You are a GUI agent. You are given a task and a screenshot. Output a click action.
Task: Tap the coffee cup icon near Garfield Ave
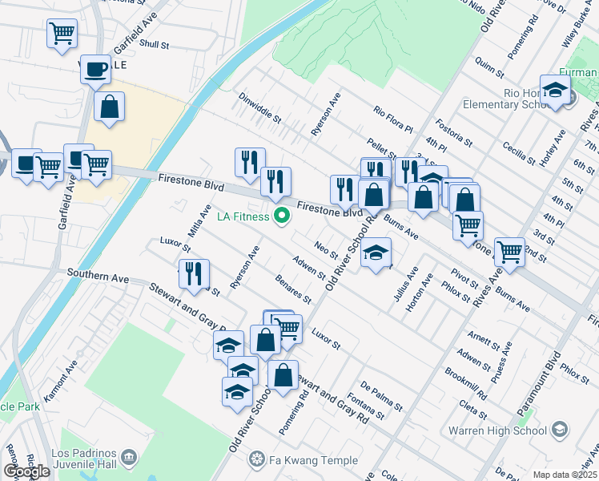[95, 70]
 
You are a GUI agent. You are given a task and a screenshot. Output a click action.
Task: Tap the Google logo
[26, 471]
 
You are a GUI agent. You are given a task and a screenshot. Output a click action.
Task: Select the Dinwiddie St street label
[260, 107]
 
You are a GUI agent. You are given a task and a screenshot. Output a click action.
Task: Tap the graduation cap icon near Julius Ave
[376, 253]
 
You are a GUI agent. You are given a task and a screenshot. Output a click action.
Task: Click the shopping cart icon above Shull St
[62, 34]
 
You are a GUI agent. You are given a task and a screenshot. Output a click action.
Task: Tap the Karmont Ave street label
[73, 375]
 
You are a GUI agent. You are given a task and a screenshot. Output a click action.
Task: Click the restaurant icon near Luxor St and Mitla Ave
[193, 274]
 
